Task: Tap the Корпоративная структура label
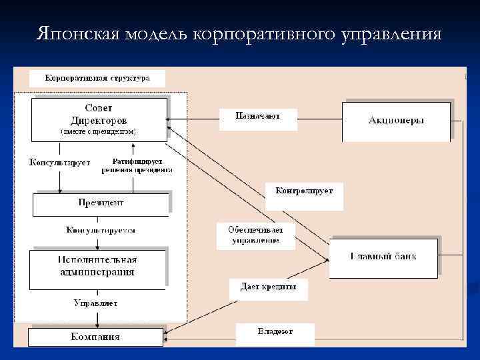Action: pyautogui.click(x=97, y=78)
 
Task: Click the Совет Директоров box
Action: pyautogui.click(x=99, y=118)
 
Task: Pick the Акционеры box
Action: pyautogui.click(x=397, y=120)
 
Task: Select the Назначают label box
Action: pyautogui.click(x=257, y=117)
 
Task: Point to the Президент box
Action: pyautogui.click(x=100, y=203)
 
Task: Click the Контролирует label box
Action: pyautogui.click(x=304, y=191)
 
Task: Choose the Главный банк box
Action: pyautogui.click(x=383, y=257)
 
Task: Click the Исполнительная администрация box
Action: pyautogui.click(x=98, y=266)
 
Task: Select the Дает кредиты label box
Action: pyautogui.click(x=268, y=287)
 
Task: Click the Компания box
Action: pyautogui.click(x=96, y=337)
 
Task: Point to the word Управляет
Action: pyautogui.click(x=95, y=303)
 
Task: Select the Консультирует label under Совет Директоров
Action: pyautogui.click(x=59, y=162)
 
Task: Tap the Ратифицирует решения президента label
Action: pyautogui.click(x=137, y=165)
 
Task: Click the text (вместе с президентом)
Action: pyautogui.click(x=98, y=132)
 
